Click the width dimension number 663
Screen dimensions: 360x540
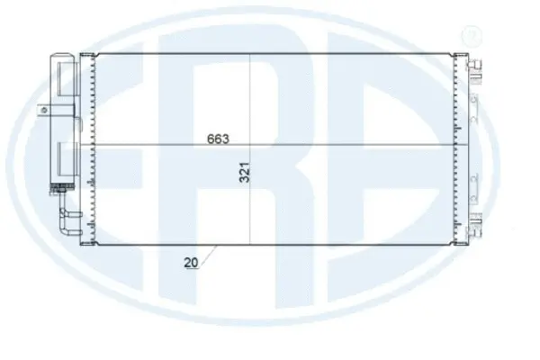click(219, 139)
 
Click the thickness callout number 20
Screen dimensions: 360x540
click(190, 265)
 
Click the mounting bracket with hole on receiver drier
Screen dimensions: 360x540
click(42, 110)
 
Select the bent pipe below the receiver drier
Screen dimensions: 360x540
click(66, 216)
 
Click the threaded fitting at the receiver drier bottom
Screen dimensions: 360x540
click(60, 188)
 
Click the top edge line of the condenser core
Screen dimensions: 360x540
click(270, 54)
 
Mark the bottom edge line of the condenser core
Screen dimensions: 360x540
click(270, 243)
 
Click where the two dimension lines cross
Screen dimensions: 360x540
click(248, 146)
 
